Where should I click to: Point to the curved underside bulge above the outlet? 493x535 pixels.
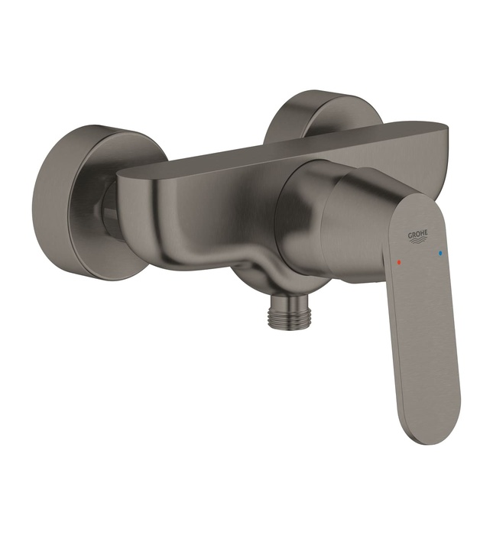tap(260, 264)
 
